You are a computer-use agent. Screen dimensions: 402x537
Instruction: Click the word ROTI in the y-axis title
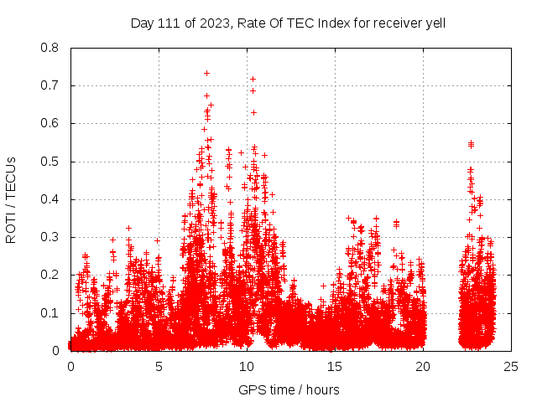tap(12, 227)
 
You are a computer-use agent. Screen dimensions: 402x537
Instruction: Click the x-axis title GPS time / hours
tap(289, 389)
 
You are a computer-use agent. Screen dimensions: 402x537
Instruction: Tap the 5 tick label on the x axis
tap(159, 366)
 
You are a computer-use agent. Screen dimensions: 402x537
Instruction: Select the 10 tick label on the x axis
tap(247, 366)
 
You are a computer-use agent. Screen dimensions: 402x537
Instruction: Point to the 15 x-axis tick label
tap(335, 366)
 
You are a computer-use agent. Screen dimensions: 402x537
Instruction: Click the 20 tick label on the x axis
tap(423, 366)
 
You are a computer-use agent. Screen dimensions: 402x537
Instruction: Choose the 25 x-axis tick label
tap(511, 366)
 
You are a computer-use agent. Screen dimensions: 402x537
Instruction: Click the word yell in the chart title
tap(434, 23)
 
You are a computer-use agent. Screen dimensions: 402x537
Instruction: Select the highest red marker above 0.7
tap(206, 73)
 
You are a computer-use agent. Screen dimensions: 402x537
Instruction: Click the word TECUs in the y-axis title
tap(12, 174)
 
